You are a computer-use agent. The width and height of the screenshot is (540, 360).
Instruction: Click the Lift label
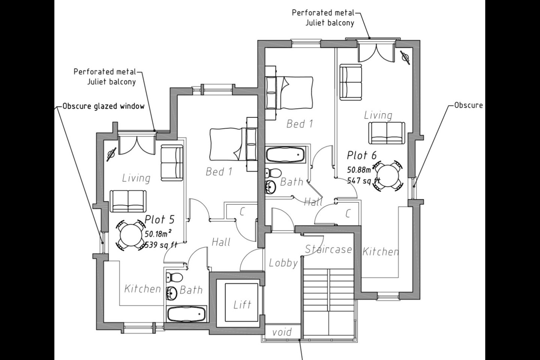click(242, 304)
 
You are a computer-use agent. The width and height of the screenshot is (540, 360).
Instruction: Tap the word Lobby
click(283, 263)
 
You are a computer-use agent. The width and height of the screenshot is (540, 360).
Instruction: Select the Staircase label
click(328, 249)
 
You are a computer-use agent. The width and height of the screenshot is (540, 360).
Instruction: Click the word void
click(282, 332)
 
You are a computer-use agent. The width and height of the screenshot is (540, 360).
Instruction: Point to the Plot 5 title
click(159, 219)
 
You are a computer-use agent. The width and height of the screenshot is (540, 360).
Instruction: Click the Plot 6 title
click(361, 155)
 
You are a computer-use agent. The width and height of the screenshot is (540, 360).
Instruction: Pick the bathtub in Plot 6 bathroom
click(285, 154)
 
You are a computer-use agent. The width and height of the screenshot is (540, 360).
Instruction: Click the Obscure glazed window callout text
click(103, 106)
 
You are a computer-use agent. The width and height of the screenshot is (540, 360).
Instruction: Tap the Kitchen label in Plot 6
click(380, 252)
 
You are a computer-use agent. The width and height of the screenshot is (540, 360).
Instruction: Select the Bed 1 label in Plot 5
click(219, 172)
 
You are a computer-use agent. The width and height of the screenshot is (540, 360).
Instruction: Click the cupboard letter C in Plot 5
click(242, 211)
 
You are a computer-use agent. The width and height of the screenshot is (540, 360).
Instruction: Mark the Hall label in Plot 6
click(313, 202)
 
